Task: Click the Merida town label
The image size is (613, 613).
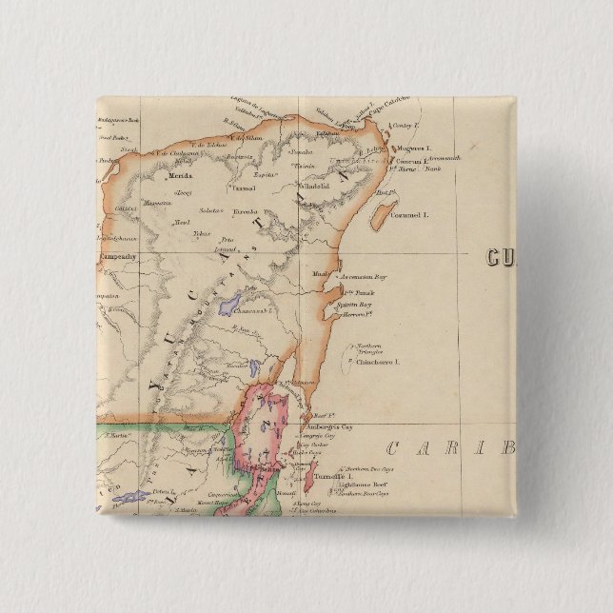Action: click(181, 176)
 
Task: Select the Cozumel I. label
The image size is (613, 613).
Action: click(412, 216)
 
